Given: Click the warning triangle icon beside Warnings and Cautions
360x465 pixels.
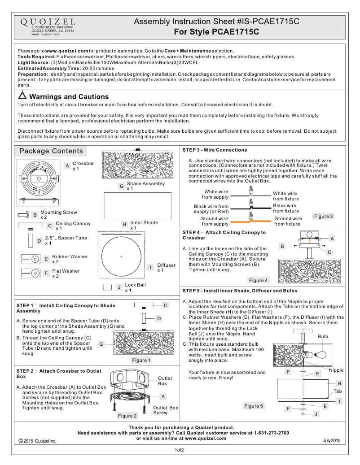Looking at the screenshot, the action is pyautogui.click(x=22, y=96).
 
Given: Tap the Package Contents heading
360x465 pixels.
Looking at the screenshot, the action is pyautogui.click(x=51, y=151).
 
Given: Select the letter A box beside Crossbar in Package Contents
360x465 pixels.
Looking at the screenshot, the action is pyautogui.click(x=67, y=166).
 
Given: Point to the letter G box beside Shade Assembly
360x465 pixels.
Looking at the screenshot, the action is pyautogui.click(x=121, y=186).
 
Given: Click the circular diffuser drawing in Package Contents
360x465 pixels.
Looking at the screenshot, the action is pyautogui.click(x=122, y=256).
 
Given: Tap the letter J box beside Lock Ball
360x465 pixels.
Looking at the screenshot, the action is pyautogui.click(x=119, y=287).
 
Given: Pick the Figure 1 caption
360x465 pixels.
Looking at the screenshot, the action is pyautogui.click(x=140, y=360).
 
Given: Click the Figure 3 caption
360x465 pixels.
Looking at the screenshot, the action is pyautogui.click(x=323, y=216).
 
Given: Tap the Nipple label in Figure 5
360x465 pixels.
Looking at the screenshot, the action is pyautogui.click(x=336, y=370).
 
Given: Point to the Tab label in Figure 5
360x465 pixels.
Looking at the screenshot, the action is pyautogui.click(x=338, y=391).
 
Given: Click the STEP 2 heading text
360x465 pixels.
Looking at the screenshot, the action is pyautogui.click(x=59, y=374).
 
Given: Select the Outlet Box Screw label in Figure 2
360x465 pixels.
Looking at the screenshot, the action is pyautogui.click(x=166, y=410).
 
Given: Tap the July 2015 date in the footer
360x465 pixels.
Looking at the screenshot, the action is pyautogui.click(x=331, y=441).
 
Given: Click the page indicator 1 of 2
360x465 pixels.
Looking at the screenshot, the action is pyautogui.click(x=180, y=450).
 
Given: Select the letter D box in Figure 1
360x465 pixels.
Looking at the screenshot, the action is pyautogui.click(x=158, y=318).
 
